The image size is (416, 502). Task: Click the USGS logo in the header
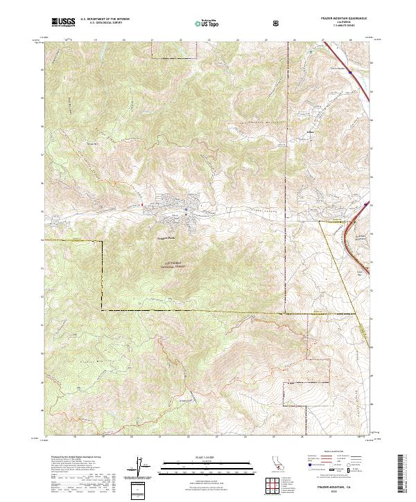coord(63,21)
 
